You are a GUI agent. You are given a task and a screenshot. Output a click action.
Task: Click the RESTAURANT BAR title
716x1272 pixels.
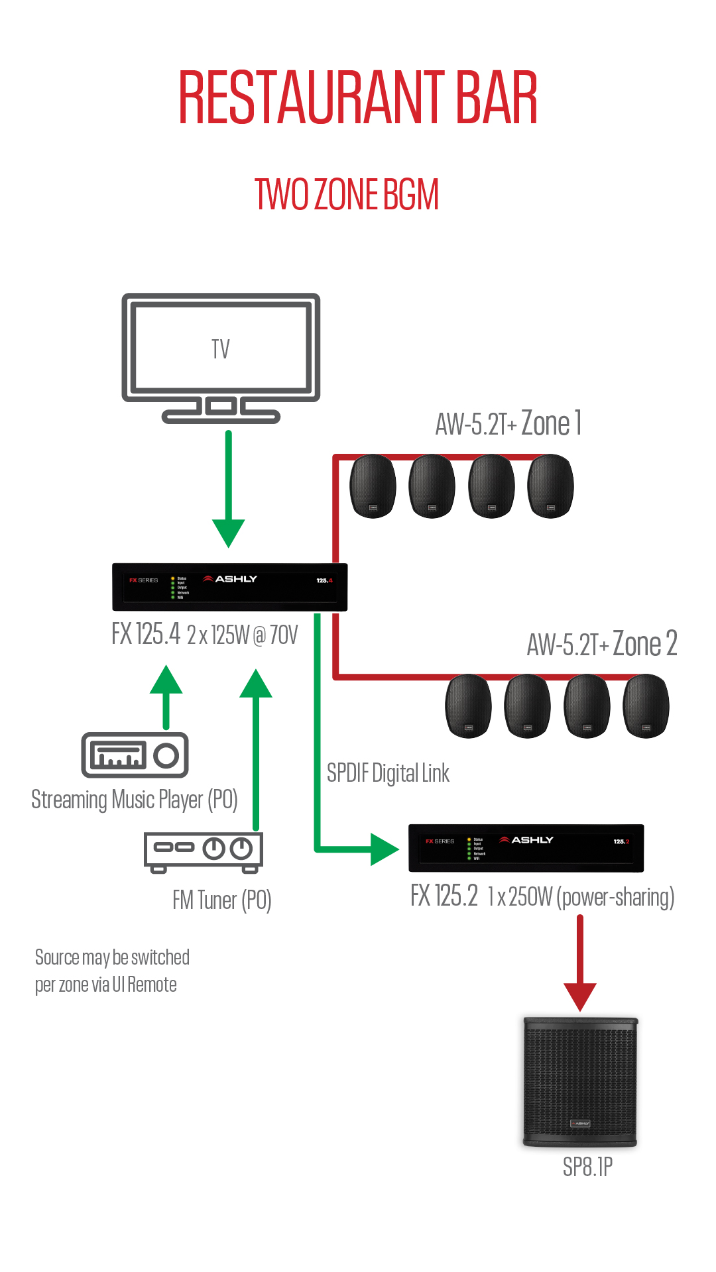pyautogui.click(x=358, y=98)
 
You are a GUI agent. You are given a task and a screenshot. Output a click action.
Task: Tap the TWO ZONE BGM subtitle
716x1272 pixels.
pyautogui.click(x=347, y=195)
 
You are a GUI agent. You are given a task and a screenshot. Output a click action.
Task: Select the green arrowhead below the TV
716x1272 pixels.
pyautogui.click(x=229, y=532)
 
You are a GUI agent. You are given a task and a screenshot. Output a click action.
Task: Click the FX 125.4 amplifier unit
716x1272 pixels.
pyautogui.click(x=229, y=587)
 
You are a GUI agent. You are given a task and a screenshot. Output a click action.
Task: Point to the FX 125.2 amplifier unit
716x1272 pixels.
pyautogui.click(x=526, y=848)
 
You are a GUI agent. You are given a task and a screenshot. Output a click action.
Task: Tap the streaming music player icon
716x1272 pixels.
pyautogui.click(x=135, y=755)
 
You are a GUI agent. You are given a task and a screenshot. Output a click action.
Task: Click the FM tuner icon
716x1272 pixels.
pyautogui.click(x=204, y=850)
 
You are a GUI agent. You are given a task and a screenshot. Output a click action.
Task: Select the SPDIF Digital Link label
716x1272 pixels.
pyautogui.click(x=388, y=773)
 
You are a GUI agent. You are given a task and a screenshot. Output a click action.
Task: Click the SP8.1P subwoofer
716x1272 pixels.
pyautogui.click(x=580, y=1082)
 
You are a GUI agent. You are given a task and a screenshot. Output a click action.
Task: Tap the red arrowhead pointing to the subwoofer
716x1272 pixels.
pyautogui.click(x=580, y=996)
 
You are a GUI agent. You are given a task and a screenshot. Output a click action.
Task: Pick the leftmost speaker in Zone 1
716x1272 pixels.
pyautogui.click(x=373, y=486)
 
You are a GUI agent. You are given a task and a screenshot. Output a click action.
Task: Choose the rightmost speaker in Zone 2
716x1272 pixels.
pyautogui.click(x=646, y=706)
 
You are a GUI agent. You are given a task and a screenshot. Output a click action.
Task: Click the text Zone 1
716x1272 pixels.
pyautogui.click(x=552, y=423)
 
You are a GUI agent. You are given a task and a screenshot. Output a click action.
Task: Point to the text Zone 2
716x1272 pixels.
pyautogui.click(x=644, y=643)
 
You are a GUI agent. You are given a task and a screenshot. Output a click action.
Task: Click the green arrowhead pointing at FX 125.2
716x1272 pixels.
pyautogui.click(x=384, y=849)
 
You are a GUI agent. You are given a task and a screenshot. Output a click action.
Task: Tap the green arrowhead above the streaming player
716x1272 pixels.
pyautogui.click(x=166, y=680)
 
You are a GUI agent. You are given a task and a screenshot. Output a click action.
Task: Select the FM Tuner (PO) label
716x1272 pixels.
pyautogui.click(x=222, y=900)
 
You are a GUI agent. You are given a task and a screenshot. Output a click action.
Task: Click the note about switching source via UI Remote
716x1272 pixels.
pyautogui.click(x=112, y=971)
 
